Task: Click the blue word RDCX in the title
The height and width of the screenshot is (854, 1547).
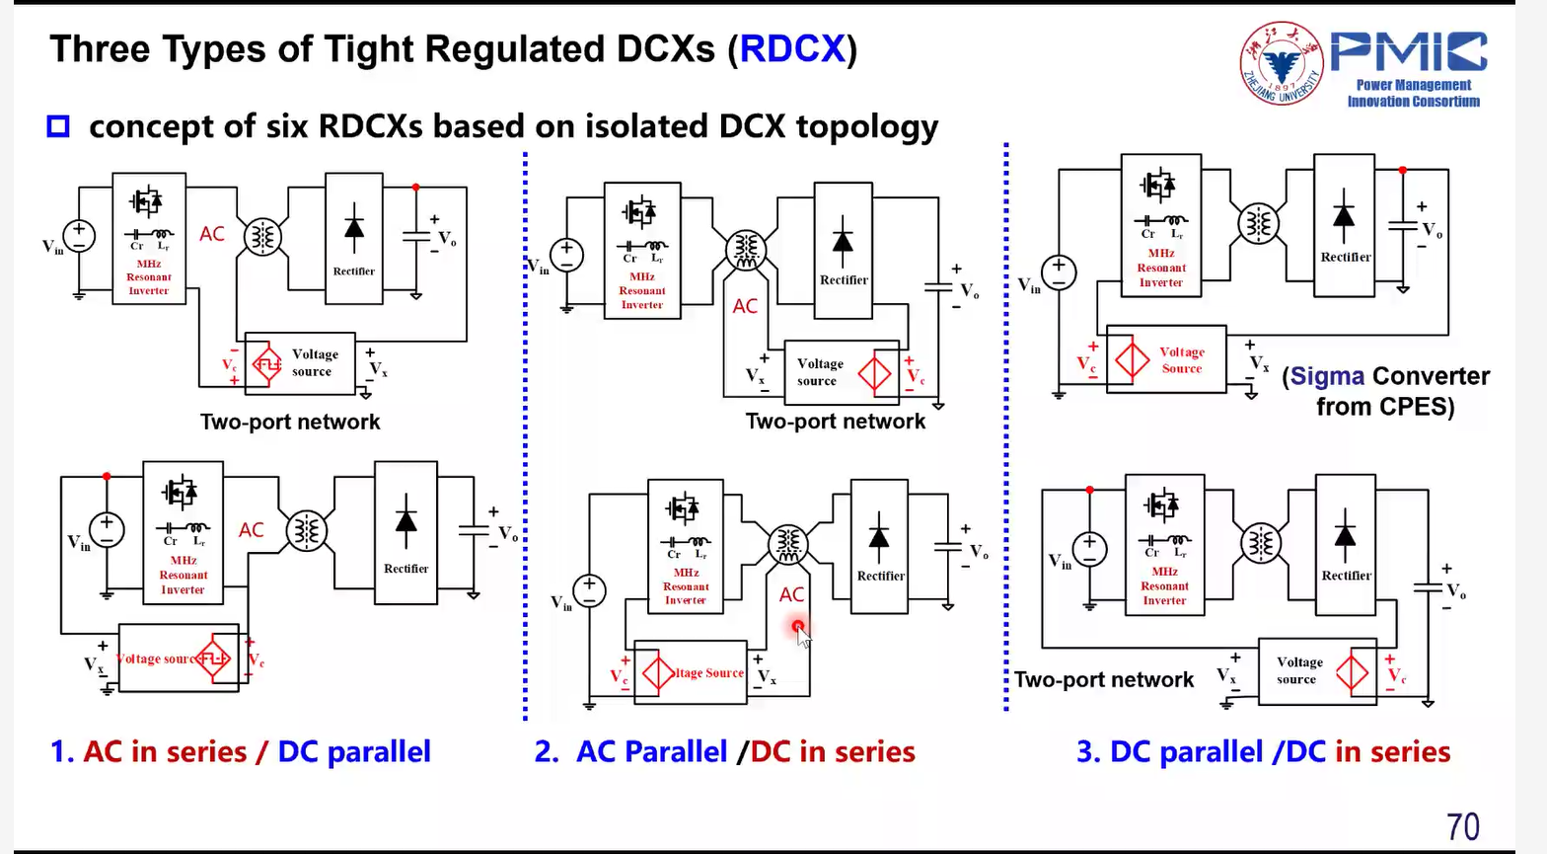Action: click(x=792, y=48)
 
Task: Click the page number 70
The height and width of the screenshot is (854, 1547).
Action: click(x=1463, y=825)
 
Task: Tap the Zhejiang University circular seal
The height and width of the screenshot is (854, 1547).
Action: click(x=1281, y=63)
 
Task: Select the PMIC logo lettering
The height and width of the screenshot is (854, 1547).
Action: click(x=1409, y=52)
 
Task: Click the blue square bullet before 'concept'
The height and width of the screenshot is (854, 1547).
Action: click(x=58, y=126)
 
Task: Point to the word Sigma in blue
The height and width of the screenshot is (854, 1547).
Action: click(x=1327, y=376)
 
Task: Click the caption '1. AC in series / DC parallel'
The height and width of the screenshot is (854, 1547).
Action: click(x=241, y=751)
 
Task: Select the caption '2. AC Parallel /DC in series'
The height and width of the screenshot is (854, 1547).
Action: click(x=725, y=751)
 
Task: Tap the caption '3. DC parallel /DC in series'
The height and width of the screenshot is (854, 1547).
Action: click(x=1263, y=751)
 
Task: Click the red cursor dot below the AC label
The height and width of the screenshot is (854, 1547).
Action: click(x=797, y=626)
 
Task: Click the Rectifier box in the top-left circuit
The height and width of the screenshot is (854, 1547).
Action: click(x=354, y=238)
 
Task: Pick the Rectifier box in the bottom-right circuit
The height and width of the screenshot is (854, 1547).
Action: click(x=1346, y=543)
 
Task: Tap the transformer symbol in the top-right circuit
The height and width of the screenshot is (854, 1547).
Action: click(x=1258, y=223)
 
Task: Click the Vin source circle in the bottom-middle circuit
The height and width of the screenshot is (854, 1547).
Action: click(x=589, y=590)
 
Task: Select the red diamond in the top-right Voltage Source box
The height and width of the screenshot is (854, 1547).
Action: click(x=1132, y=359)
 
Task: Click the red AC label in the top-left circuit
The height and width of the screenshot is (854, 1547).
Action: click(x=212, y=234)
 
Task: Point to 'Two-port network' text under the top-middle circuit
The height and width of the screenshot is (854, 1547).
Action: click(x=836, y=422)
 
